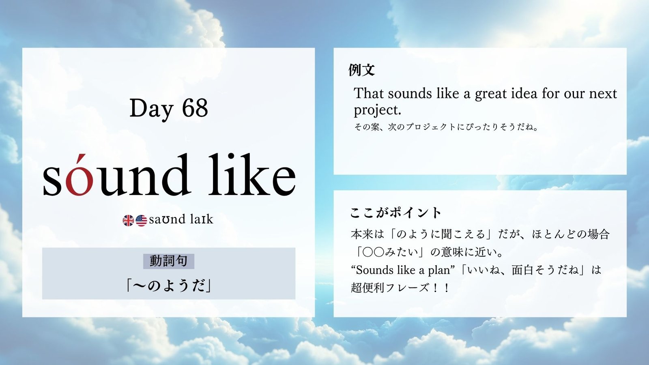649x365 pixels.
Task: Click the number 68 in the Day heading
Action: tap(195, 108)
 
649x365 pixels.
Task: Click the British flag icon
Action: tap(128, 221)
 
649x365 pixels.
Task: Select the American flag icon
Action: tap(141, 221)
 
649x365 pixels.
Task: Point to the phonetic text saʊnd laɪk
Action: tap(181, 219)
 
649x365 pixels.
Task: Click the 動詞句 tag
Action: tap(169, 261)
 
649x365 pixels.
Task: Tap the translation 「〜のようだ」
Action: tap(169, 286)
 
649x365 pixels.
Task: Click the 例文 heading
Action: tap(361, 70)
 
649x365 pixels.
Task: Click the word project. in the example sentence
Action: tap(377, 110)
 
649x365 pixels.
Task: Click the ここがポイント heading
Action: tap(395, 213)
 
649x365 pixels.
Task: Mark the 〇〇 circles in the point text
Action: tap(373, 252)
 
